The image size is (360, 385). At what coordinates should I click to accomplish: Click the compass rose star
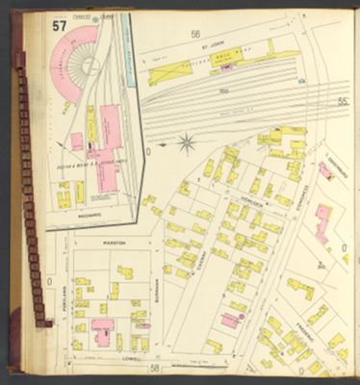tap(187, 145)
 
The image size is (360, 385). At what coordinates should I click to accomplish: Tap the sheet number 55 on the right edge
tap(343, 100)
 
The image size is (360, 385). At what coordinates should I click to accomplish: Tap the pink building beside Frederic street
tap(231, 319)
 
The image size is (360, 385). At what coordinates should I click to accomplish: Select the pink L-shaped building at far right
tap(321, 220)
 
